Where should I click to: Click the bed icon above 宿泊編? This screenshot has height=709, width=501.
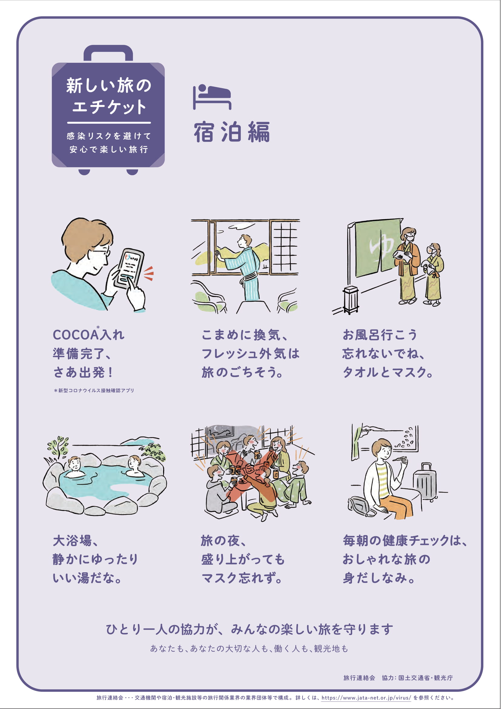coord(212,96)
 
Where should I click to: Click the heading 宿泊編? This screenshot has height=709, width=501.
coord(232,132)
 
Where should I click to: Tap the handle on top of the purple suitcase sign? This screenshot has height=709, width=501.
coord(108,53)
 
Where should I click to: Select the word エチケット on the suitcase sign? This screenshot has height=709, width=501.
coord(109,107)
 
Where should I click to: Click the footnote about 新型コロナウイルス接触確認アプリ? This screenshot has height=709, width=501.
coord(94,390)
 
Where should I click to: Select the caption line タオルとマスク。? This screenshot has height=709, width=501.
coord(387,373)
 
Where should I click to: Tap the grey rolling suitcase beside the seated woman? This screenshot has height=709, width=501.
coord(425,482)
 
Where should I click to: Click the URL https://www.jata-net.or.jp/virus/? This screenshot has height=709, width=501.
coord(366,697)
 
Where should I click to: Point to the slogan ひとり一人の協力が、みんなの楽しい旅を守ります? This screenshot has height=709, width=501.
coord(250,629)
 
